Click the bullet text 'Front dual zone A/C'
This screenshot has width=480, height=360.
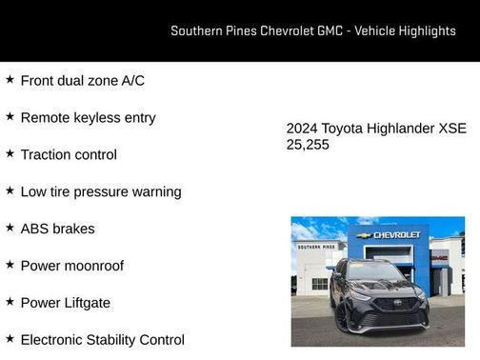pyautogui.click(x=82, y=81)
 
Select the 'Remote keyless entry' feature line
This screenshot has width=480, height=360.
pyautogui.click(x=88, y=118)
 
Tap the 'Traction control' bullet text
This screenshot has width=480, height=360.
pyautogui.click(x=69, y=155)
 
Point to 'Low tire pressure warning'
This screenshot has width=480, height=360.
pyautogui.click(x=100, y=191)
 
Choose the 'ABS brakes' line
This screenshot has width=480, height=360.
pyautogui.click(x=57, y=229)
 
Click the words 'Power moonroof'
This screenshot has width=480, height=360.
pyautogui.click(x=71, y=266)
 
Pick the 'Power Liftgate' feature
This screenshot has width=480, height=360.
pyautogui.click(x=65, y=303)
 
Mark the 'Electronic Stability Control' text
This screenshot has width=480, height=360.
pyautogui.click(x=102, y=339)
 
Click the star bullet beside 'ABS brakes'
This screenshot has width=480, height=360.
pyautogui.click(x=10, y=228)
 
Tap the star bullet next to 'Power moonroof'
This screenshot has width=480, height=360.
pyautogui.click(x=10, y=265)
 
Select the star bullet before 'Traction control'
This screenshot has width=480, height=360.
pyautogui.click(x=10, y=154)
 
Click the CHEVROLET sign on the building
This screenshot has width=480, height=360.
pyautogui.click(x=395, y=234)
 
